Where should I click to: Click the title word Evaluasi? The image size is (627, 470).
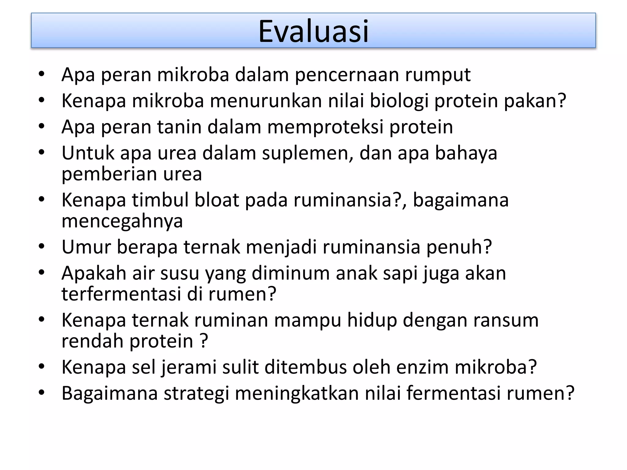(313, 32)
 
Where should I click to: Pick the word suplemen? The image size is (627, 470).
(307, 153)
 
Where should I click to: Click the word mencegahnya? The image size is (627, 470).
(122, 221)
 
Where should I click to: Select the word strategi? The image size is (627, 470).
(196, 394)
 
